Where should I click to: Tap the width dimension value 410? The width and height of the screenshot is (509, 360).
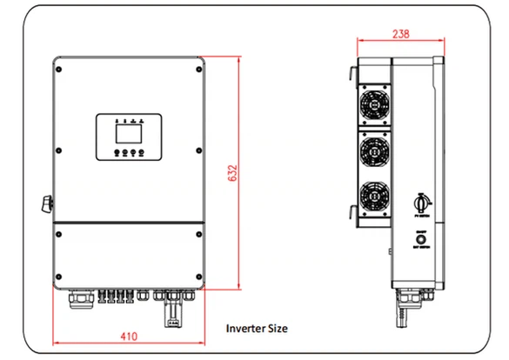[x=129, y=334]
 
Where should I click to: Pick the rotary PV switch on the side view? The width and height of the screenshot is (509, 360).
[x=419, y=201]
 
